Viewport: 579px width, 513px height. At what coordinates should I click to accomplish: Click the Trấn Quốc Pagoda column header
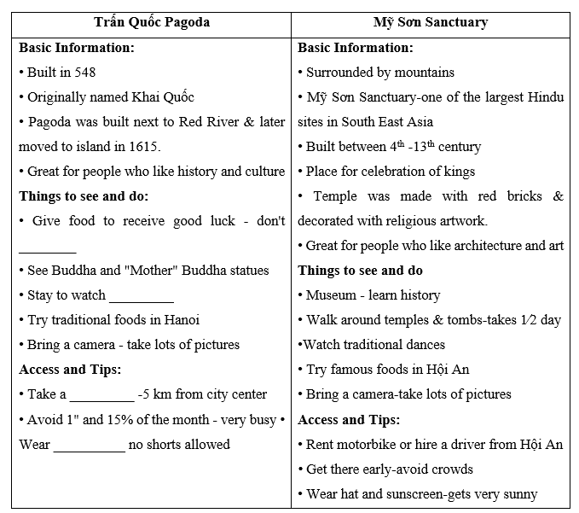click(x=152, y=22)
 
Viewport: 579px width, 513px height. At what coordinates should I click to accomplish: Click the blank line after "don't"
click(x=48, y=246)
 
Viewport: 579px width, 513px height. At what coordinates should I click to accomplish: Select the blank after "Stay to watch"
click(x=142, y=295)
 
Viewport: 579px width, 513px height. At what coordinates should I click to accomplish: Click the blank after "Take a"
click(x=101, y=394)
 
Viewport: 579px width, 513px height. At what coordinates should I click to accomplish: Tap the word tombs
click(x=458, y=320)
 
